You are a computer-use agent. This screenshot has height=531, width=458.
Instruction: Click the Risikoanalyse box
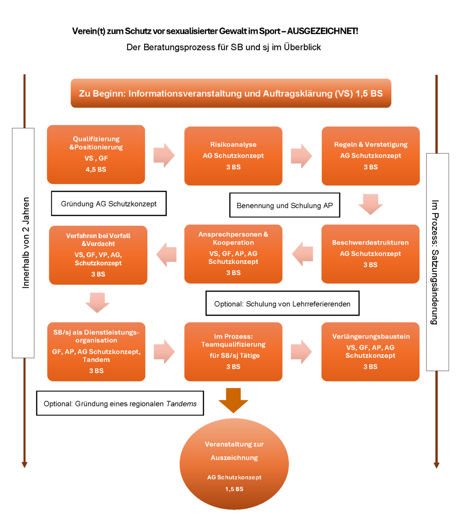click(x=233, y=156)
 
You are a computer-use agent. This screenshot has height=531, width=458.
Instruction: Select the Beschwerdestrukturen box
click(x=370, y=254)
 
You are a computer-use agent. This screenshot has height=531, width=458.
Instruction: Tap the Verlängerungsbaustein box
click(x=370, y=352)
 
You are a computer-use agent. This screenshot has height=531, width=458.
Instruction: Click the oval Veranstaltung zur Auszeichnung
click(x=234, y=464)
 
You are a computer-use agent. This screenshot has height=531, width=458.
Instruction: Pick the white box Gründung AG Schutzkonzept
click(x=109, y=204)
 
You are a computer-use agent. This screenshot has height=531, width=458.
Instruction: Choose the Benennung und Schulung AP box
click(x=285, y=206)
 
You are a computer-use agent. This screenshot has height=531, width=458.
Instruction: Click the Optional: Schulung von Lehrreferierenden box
click(x=282, y=304)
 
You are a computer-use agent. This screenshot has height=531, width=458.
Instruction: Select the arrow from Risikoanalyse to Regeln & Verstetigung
click(x=301, y=156)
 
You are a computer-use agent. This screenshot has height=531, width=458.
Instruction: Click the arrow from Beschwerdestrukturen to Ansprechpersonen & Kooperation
click(x=303, y=254)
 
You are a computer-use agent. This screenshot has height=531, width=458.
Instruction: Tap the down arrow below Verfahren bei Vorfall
click(x=98, y=302)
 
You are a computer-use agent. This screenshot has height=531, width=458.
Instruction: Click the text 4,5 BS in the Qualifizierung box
click(x=96, y=170)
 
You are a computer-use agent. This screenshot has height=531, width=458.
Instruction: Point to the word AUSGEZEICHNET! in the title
click(x=322, y=31)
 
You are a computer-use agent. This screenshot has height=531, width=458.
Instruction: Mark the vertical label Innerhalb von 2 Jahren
click(x=26, y=242)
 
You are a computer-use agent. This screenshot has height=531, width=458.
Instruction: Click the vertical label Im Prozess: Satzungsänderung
click(x=435, y=262)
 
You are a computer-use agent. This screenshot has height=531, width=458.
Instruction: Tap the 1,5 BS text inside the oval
click(x=234, y=489)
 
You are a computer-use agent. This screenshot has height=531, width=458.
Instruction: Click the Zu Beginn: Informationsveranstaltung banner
click(x=231, y=93)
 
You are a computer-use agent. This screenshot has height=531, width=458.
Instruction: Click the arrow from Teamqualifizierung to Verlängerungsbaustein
click(x=301, y=352)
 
